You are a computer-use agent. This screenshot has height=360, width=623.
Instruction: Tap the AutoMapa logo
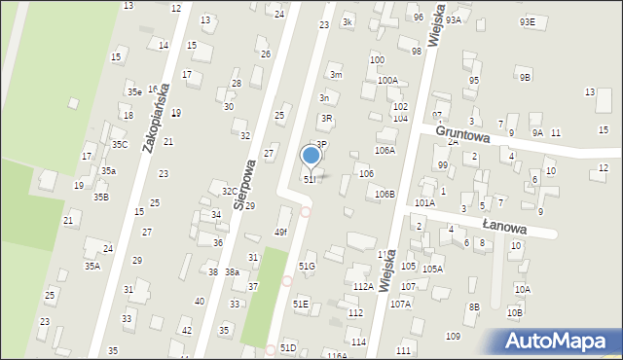click(561, 342)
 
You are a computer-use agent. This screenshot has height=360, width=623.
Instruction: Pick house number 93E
click(527, 21)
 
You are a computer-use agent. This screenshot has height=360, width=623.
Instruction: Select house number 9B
click(526, 77)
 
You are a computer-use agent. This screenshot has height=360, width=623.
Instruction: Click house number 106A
click(385, 151)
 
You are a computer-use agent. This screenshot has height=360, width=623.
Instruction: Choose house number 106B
click(385, 195)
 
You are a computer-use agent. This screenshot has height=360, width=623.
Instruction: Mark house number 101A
click(424, 203)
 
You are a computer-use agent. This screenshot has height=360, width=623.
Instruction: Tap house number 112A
click(363, 287)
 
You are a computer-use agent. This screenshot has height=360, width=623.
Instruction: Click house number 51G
click(307, 266)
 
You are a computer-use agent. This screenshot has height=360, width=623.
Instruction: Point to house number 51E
click(301, 305)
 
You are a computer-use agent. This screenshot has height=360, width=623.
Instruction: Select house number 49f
click(280, 232)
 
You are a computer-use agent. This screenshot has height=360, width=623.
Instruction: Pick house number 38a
click(233, 272)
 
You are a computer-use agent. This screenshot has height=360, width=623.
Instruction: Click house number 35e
click(134, 92)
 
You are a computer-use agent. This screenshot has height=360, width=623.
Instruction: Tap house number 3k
click(348, 21)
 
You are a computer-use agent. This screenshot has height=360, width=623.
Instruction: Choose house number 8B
click(474, 307)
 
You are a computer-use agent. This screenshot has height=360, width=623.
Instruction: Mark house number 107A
click(401, 304)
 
